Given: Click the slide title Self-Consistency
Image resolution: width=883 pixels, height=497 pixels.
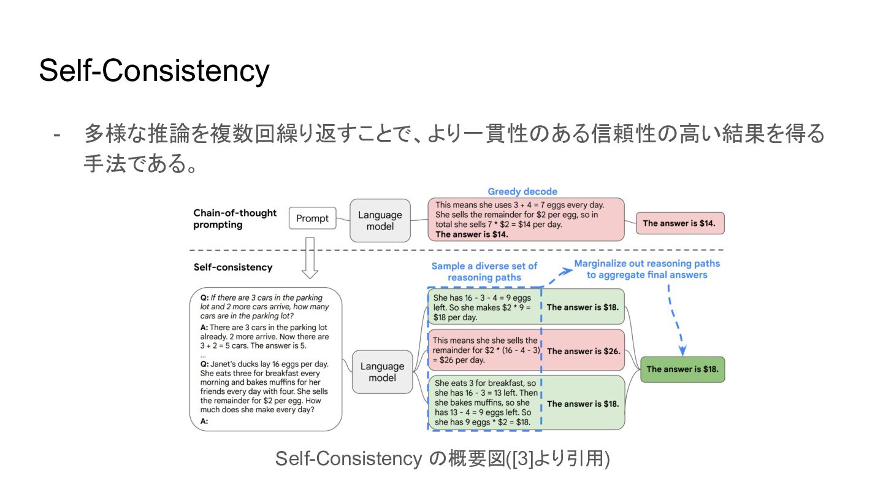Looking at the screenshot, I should point(154,71).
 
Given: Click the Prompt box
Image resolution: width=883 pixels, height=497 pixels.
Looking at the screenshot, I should point(312,218).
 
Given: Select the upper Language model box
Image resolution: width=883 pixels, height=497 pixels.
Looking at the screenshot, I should point(380,220).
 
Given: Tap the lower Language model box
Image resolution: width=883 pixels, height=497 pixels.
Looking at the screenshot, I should point(382,372).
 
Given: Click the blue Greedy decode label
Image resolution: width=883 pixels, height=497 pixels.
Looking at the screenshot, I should point(522,191).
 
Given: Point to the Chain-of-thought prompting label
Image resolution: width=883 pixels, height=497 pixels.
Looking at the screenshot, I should point(235,218).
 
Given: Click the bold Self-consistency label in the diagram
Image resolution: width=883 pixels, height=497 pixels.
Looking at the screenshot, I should point(233,268).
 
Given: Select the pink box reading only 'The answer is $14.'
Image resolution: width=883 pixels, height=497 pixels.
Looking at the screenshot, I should point(680,223).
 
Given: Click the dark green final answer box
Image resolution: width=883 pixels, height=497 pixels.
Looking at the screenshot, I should point(682,369).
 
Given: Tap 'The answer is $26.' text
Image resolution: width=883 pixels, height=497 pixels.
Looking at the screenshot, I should point(583,352).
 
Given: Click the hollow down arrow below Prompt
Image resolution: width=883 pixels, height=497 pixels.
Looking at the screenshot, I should point(310,257).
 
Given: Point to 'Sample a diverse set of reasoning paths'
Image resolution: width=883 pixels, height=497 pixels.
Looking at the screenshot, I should point(484,271).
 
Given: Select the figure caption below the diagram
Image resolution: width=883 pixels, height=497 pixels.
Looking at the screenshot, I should point(442,458).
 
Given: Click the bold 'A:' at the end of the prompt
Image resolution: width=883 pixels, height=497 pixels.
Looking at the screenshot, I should point(204,422).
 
